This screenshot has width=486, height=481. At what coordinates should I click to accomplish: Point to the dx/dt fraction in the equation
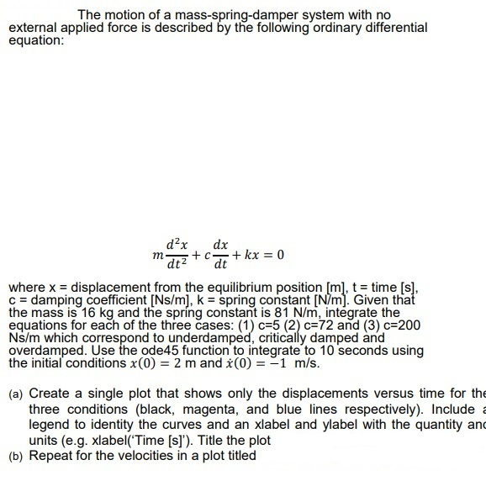tap(221, 254)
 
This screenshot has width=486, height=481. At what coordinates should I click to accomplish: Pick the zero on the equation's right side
tap(281, 255)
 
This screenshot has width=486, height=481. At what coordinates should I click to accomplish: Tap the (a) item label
tap(15, 394)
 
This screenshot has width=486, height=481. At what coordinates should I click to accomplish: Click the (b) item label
tap(15, 457)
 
